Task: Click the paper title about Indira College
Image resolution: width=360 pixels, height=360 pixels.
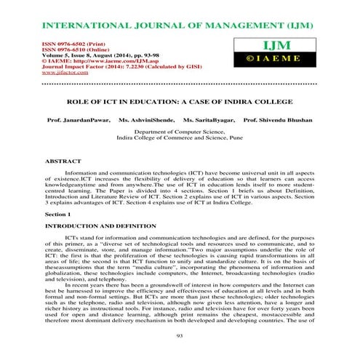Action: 180,103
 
